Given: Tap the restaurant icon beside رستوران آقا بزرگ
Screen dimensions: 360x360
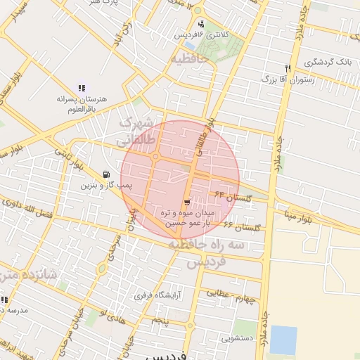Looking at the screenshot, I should point(288,68).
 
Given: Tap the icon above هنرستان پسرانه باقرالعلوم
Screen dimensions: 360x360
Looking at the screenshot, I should point(82,88).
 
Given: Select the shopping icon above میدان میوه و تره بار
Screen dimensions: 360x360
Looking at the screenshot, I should point(186,202).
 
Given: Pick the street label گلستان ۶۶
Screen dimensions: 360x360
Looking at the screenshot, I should point(242,227).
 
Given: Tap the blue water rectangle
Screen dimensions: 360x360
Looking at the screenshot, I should point(283,340).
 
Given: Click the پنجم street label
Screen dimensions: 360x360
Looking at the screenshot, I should point(161,320).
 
